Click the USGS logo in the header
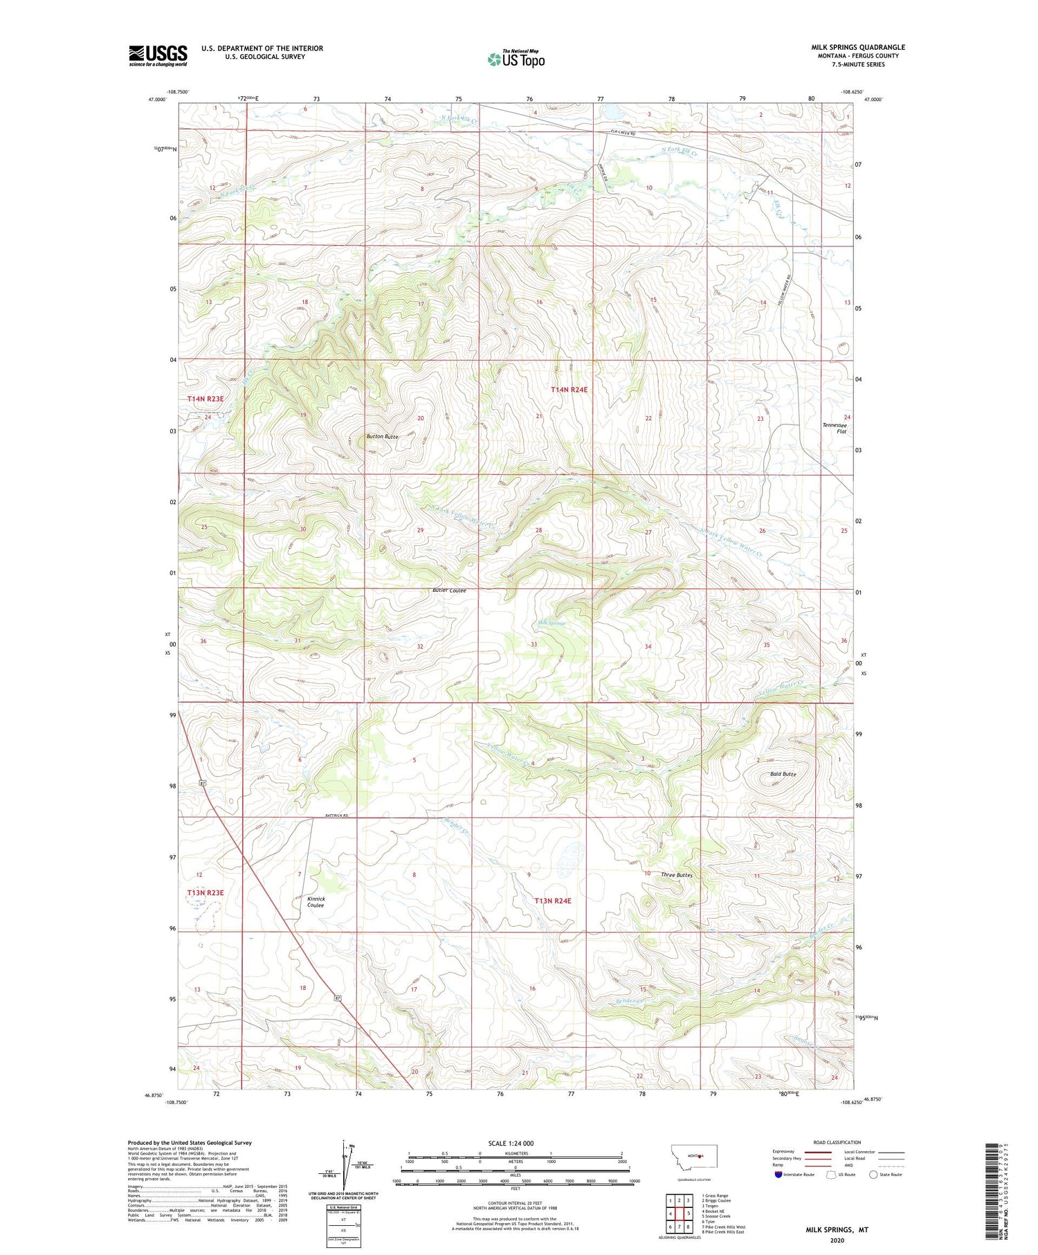point(158,55)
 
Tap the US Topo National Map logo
point(516,59)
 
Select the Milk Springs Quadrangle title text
point(858,47)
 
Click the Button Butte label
point(382,437)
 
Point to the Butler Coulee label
point(449,590)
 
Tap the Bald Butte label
point(783,774)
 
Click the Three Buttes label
point(676,875)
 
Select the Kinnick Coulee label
point(316,902)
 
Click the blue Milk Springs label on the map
point(552,623)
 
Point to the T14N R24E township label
point(569,390)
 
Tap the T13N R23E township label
point(206,893)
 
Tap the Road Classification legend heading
point(837,1142)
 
